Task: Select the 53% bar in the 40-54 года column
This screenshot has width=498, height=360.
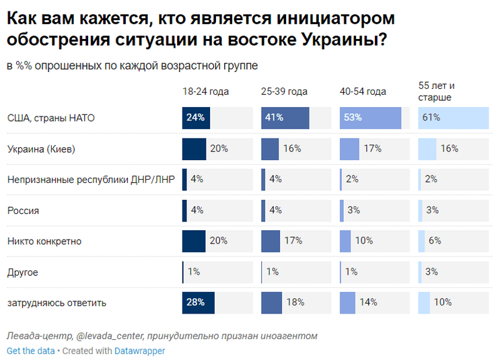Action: pyautogui.click(x=370, y=118)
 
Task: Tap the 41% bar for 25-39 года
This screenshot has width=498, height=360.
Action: pyautogui.click(x=285, y=118)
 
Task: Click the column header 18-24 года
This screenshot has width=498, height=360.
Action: pyautogui.click(x=205, y=92)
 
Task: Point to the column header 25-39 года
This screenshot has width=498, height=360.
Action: pyautogui.click(x=284, y=92)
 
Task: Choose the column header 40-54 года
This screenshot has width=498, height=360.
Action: pyautogui.click(x=363, y=92)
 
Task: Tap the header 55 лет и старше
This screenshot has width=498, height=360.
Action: pyautogui.click(x=437, y=92)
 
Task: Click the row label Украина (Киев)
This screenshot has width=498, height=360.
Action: pyautogui.click(x=40, y=149)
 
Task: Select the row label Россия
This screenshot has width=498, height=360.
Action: pyautogui.click(x=23, y=211)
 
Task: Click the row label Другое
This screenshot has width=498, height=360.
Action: pyautogui.click(x=23, y=272)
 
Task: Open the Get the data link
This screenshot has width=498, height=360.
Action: pyautogui.click(x=30, y=351)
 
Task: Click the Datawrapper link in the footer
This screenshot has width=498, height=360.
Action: pyautogui.click(x=139, y=351)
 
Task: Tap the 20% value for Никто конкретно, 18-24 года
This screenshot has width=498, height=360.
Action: pyautogui.click(x=219, y=241)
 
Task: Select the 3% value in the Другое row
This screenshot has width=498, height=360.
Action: pyautogui.click(x=432, y=272)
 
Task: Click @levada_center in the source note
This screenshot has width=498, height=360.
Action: pyautogui.click(x=110, y=336)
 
